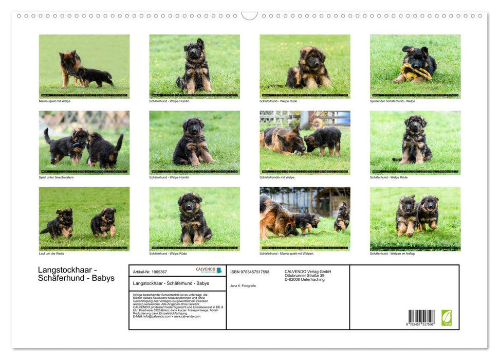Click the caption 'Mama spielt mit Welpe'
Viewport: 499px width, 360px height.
click(x=54, y=101)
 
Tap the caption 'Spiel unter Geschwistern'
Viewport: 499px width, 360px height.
click(x=56, y=177)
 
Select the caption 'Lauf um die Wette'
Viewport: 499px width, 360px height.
click(x=51, y=253)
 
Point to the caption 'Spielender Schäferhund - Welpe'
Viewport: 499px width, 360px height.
click(x=392, y=101)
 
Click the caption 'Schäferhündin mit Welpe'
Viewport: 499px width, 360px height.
click(x=277, y=177)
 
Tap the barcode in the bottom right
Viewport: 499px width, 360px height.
click(x=421, y=317)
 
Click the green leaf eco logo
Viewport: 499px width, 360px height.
click(x=447, y=317)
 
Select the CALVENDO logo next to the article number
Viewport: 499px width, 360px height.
click(x=209, y=270)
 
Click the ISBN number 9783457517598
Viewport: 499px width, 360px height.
click(x=250, y=272)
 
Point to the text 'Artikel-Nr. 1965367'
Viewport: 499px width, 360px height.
click(x=150, y=272)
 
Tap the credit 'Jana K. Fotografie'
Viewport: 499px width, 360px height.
click(x=243, y=285)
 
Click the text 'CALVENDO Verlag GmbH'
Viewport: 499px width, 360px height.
click(x=307, y=272)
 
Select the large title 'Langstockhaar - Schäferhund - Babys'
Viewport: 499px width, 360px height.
click(x=76, y=274)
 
